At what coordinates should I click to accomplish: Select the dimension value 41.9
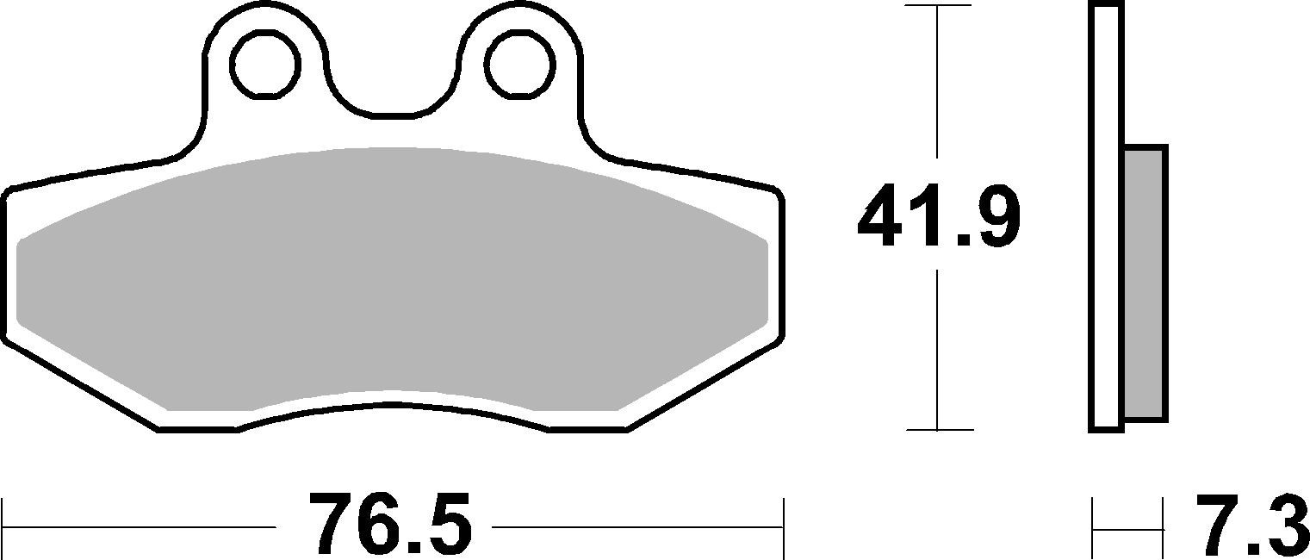click(x=938, y=217)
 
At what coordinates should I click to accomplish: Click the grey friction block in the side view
click(x=1145, y=284)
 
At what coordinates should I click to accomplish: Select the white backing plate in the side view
click(x=1107, y=215)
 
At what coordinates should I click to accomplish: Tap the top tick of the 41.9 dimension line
click(x=936, y=6)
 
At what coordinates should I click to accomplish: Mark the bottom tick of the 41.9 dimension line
click(x=936, y=429)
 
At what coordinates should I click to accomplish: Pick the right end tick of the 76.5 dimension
click(x=783, y=526)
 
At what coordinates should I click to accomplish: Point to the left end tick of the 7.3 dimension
click(x=1093, y=526)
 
